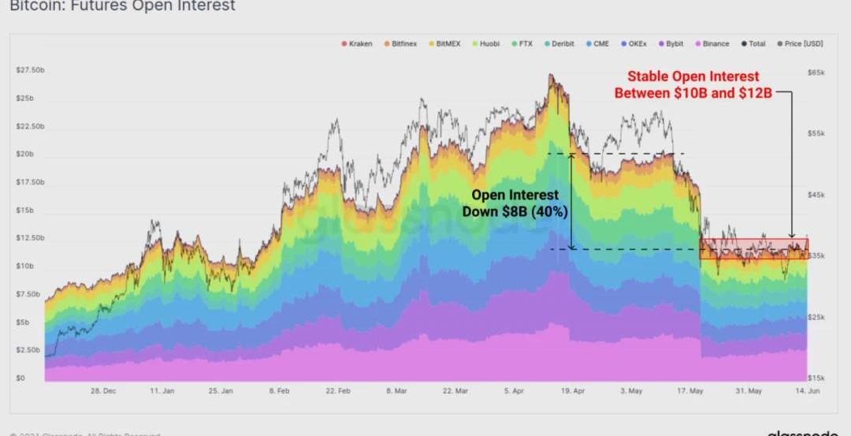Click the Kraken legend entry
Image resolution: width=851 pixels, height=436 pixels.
[x=357, y=44]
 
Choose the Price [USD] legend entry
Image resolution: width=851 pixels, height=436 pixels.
[x=800, y=44]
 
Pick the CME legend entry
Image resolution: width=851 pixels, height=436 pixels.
[x=598, y=44]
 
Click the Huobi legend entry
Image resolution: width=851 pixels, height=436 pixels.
[x=488, y=44]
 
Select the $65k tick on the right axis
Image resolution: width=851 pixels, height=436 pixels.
[x=816, y=73]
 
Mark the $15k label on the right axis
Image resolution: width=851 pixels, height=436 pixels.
[x=816, y=378]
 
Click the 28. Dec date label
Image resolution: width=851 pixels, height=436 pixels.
[x=103, y=391]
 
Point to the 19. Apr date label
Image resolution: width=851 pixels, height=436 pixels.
[x=573, y=391]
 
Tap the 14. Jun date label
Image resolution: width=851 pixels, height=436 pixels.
[x=805, y=391]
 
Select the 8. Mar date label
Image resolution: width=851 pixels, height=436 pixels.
[x=396, y=391]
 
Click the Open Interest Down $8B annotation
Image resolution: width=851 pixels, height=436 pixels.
[x=515, y=203]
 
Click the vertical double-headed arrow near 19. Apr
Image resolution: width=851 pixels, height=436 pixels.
[x=573, y=201]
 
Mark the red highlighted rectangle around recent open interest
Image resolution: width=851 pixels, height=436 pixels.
[x=753, y=249]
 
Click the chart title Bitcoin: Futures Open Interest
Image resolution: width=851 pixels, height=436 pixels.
[x=122, y=6]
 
